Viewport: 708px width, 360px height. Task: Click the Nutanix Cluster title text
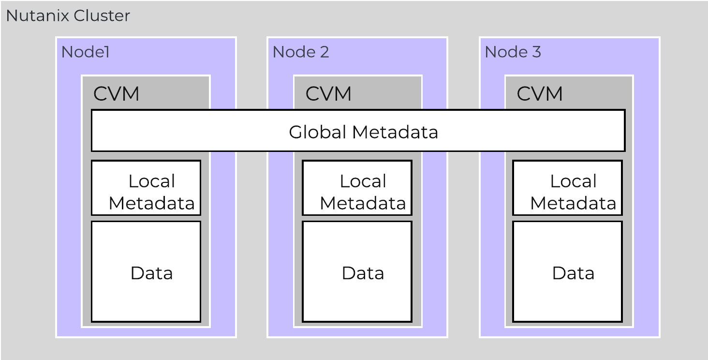click(68, 16)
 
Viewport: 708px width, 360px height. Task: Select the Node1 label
click(85, 52)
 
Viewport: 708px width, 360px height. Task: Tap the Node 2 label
click(300, 52)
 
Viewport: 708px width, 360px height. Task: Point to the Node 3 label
click(513, 52)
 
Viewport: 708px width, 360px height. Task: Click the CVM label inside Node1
click(116, 94)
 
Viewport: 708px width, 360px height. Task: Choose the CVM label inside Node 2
click(328, 94)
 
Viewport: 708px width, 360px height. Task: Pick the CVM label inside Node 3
click(540, 94)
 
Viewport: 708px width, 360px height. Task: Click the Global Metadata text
click(363, 132)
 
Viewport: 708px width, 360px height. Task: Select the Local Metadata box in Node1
click(146, 188)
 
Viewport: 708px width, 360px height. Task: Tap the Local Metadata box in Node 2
click(357, 188)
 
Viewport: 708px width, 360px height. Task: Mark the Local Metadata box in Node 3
click(568, 188)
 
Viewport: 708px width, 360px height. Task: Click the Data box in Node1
click(146, 271)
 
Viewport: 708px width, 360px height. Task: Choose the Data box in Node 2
click(357, 271)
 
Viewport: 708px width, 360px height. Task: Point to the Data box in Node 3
click(568, 271)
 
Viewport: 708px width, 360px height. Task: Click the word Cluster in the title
click(102, 16)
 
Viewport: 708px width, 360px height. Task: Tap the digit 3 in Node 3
click(536, 52)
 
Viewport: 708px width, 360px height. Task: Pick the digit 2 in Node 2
click(324, 52)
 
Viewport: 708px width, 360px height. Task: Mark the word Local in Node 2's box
click(363, 181)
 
